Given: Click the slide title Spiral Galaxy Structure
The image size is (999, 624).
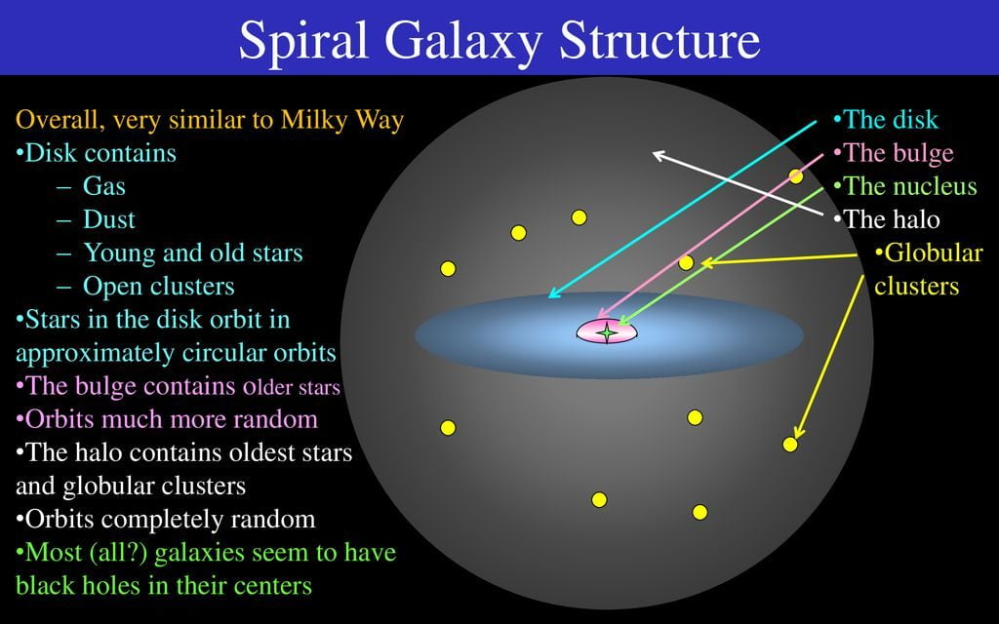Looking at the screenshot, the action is (x=499, y=39).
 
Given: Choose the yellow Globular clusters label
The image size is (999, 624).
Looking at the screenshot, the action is (x=929, y=269).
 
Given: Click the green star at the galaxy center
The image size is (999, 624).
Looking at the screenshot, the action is (x=607, y=331).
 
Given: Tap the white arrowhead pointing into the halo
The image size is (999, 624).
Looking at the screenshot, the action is (x=659, y=155).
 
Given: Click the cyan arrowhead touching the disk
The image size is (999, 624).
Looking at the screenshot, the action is (x=554, y=292).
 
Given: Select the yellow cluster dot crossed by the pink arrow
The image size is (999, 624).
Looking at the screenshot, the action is (x=796, y=176).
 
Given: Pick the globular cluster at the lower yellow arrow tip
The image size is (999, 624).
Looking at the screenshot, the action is (x=790, y=445).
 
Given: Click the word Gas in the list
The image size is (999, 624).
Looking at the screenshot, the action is (x=103, y=186).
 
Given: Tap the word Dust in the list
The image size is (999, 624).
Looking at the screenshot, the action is (x=109, y=219).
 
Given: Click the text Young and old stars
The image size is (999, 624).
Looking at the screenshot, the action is (x=193, y=253).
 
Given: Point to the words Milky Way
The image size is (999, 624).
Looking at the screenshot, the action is (x=342, y=120).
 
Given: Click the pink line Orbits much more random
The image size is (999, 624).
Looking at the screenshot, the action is (x=167, y=419).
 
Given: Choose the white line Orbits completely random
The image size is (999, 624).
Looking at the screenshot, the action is (x=166, y=519).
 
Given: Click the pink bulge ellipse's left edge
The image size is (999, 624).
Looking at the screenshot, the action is (x=578, y=331).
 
